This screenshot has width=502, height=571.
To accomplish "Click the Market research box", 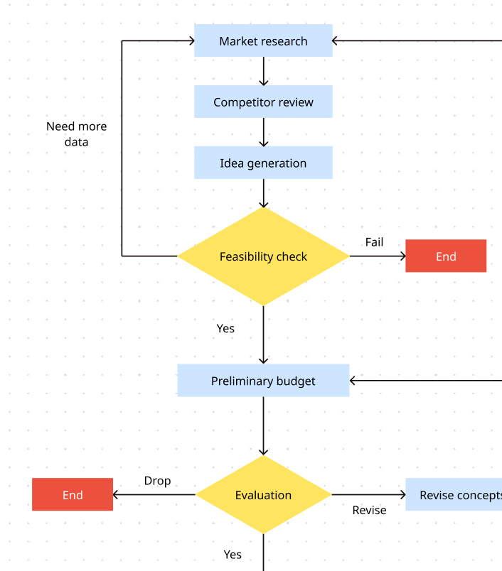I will (x=263, y=41).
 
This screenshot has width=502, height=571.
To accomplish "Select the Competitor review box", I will (x=263, y=102).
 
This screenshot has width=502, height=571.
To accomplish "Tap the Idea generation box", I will (x=263, y=163).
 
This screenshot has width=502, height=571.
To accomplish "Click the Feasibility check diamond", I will (x=263, y=256).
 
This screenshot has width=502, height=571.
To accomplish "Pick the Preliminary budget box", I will (x=263, y=381).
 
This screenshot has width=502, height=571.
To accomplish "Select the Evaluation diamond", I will (x=263, y=495).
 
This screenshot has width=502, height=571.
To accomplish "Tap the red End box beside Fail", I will (x=446, y=256).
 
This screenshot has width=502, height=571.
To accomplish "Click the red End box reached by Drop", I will (x=73, y=495).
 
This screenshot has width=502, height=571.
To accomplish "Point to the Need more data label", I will (x=77, y=134).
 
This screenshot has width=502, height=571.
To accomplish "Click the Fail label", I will (x=374, y=242).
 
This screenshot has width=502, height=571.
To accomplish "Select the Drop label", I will (x=157, y=481).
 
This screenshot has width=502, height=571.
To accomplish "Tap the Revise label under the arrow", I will (x=369, y=510).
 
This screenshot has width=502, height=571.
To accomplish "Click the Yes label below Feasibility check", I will (x=225, y=328).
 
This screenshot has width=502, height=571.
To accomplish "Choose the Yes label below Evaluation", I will (x=233, y=555).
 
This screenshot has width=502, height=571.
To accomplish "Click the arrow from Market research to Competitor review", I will (x=263, y=71).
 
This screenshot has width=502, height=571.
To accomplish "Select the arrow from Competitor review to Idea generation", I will (x=263, y=132).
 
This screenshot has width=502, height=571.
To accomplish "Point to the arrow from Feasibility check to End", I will (x=377, y=256).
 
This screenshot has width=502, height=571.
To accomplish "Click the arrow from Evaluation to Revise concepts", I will (x=368, y=495).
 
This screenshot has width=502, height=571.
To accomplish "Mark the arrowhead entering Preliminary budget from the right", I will (x=354, y=381).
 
